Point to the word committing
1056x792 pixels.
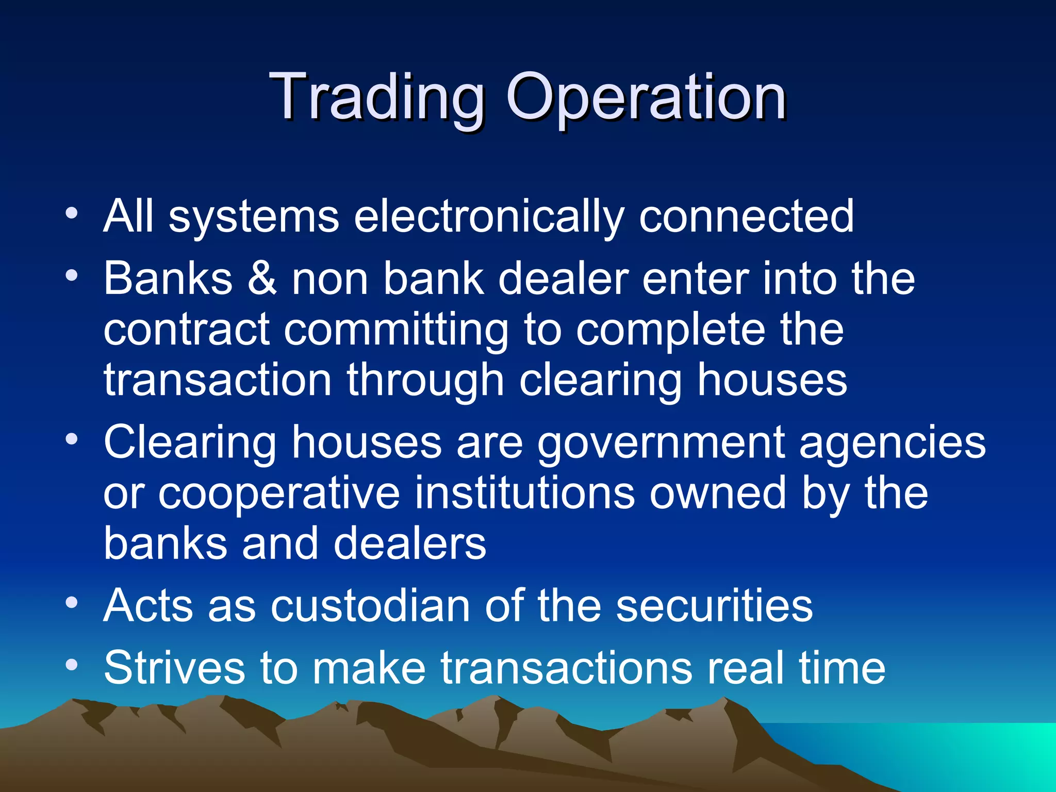396,330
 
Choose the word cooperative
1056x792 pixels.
279,493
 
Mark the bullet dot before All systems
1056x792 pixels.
72,212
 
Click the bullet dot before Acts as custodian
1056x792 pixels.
72,602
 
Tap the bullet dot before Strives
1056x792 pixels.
72,665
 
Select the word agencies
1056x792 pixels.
892,442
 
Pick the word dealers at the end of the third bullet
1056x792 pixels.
410,544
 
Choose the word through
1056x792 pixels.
425,380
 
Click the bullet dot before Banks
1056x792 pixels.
72,274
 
